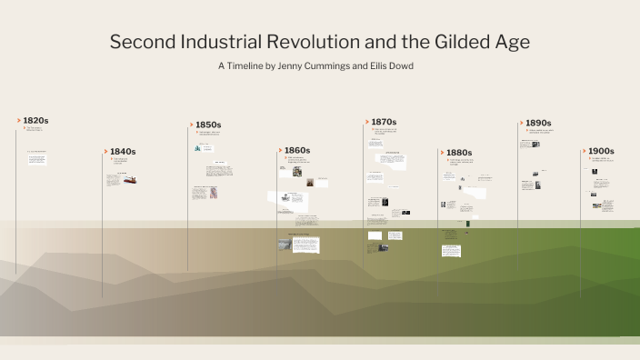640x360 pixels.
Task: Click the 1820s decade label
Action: click(x=35, y=120)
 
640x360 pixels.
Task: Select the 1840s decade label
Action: click(x=122, y=151)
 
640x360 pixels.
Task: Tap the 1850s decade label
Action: click(x=208, y=125)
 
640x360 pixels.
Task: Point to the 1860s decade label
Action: click(x=297, y=150)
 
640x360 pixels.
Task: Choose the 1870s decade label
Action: click(x=384, y=122)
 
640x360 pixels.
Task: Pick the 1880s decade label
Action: click(x=458, y=153)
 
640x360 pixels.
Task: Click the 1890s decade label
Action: click(x=538, y=123)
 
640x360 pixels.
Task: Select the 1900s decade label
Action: click(x=601, y=151)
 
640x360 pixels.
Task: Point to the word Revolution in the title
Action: click(x=313, y=42)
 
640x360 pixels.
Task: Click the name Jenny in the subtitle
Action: click(x=305, y=66)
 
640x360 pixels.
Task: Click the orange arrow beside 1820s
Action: click(x=18, y=120)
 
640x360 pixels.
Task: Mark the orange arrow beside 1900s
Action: click(x=584, y=151)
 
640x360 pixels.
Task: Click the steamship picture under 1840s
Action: click(x=131, y=180)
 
